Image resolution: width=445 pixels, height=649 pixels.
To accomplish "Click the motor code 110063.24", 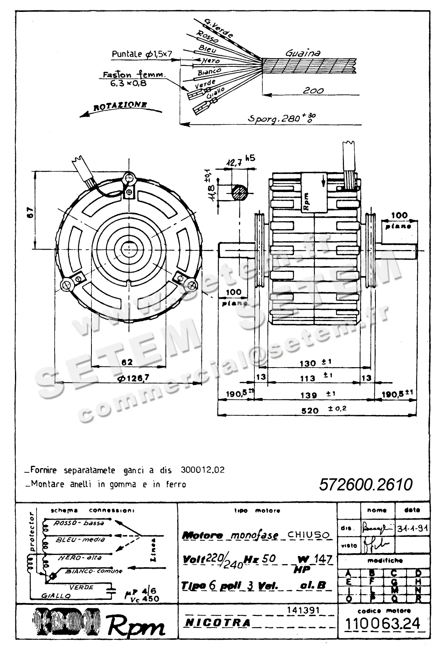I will (383, 623).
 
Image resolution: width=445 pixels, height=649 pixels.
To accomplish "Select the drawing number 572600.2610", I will (365, 485).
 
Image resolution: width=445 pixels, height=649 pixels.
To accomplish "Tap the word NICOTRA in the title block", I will (218, 623).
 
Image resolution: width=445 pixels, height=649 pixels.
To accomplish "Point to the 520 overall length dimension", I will (310, 411).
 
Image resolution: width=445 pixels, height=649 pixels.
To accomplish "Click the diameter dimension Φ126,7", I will (133, 378).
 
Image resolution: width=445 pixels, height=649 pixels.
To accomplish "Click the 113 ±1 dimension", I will (308, 378).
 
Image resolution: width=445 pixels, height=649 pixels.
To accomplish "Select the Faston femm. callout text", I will (133, 75).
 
